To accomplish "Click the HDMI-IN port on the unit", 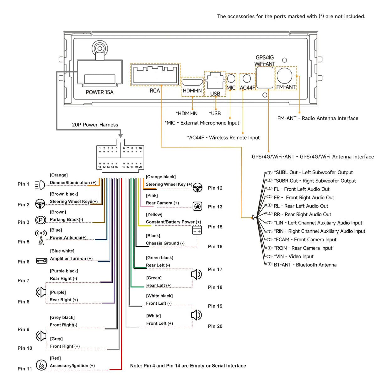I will tap(192, 83).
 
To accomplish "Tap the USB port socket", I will tap(215, 81).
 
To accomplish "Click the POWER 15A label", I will tap(99, 92).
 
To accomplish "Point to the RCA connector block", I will tap(155, 74).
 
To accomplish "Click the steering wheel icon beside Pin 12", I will tap(197, 188).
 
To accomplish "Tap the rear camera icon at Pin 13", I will tap(197, 206).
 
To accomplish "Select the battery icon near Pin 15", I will tap(197, 230).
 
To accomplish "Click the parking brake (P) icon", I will tap(40, 220).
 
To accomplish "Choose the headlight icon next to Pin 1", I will tap(40, 185).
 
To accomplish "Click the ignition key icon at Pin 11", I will tap(41, 365).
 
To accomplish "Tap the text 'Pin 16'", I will tap(215, 247).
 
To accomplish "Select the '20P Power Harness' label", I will tap(95, 125).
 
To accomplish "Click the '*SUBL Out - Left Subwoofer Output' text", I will tap(313, 172).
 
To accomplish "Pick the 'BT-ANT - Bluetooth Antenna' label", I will tap(305, 265).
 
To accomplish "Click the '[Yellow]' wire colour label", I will tap(154, 215).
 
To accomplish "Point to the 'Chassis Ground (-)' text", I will tap(165, 243).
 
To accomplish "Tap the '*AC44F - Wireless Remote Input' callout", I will tap(223, 138).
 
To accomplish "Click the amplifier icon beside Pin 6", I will tap(41, 260).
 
